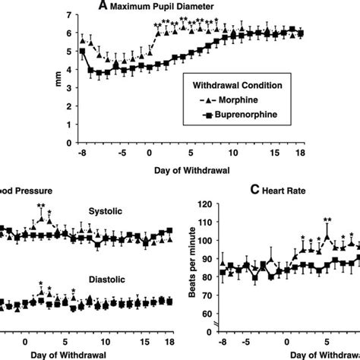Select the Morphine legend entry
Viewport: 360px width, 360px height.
[x=228, y=100]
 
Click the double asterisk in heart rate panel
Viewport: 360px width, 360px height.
[x=327, y=220]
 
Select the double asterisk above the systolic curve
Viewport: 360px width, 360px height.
[x=40, y=207]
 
